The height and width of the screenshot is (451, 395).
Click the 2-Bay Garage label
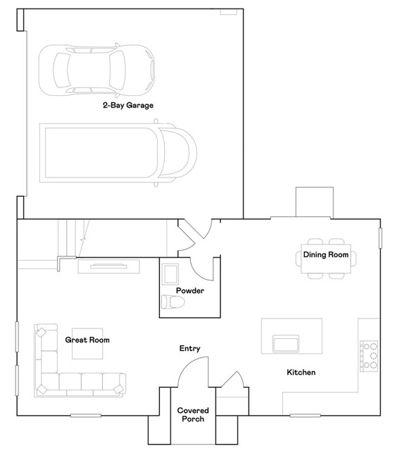128,105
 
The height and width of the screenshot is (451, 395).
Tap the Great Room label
87,340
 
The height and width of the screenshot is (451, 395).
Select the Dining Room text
326,254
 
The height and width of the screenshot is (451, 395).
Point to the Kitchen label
301,372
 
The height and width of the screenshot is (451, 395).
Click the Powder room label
190,290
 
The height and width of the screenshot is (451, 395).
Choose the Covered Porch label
193,414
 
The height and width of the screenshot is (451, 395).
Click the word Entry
189,348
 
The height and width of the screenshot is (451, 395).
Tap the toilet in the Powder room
173,302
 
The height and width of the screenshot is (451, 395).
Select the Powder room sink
170,274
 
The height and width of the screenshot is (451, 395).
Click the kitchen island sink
285,343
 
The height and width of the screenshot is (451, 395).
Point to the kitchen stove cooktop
369,356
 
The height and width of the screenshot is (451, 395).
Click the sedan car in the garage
96,70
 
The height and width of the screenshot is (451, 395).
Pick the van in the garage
118,153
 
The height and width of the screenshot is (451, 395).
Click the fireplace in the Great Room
108,266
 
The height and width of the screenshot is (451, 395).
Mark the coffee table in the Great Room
87,343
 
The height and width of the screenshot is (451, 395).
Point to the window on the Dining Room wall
380,238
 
